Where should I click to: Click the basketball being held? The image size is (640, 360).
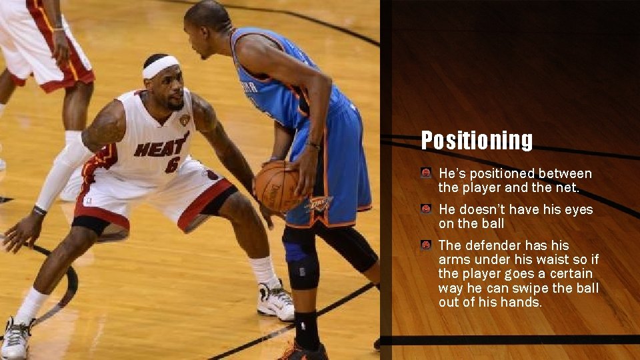[277, 186]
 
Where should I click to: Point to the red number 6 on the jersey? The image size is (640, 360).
[173, 163]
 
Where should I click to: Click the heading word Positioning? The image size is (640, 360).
[477, 140]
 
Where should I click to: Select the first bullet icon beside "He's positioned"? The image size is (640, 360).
[426, 173]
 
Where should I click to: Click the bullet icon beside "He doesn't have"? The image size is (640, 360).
[426, 209]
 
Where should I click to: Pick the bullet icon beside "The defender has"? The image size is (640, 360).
[426, 245]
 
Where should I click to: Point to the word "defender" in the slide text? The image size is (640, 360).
[499, 245]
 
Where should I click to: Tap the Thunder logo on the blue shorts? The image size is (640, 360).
[319, 203]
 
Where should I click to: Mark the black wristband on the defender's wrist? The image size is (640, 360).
[39, 211]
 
